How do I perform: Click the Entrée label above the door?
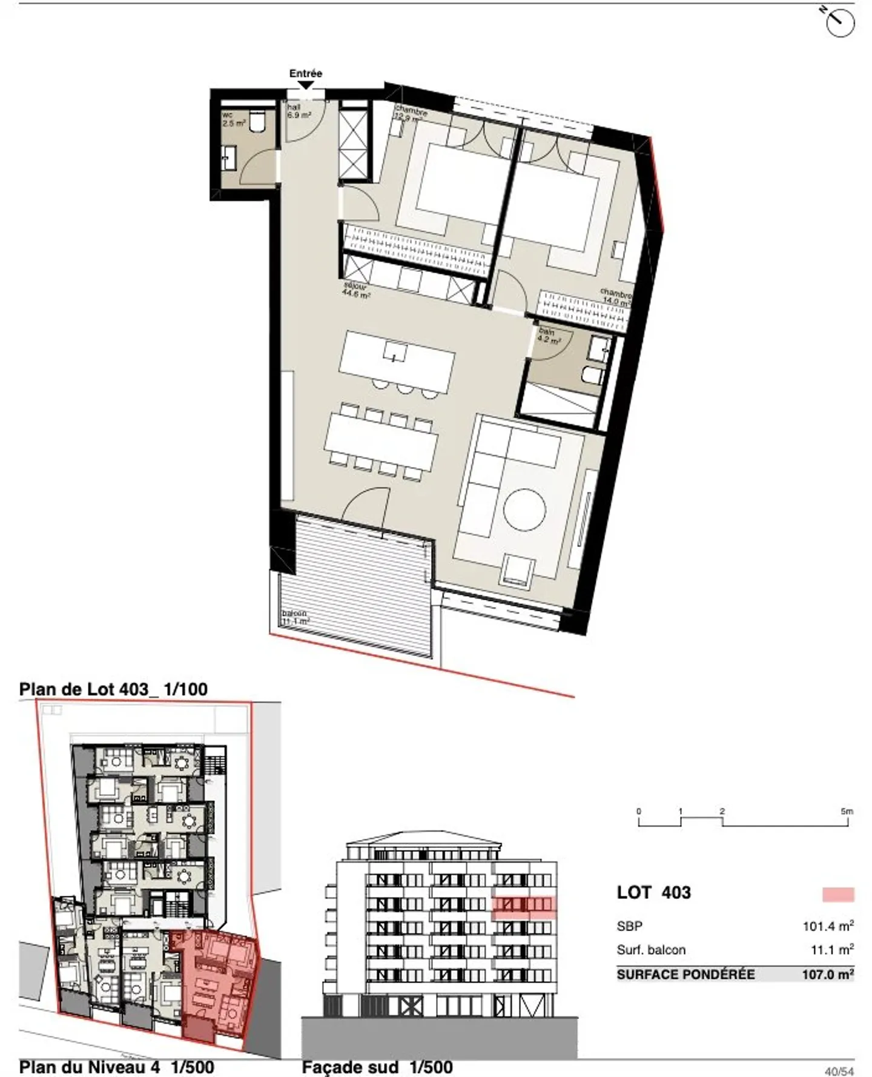(305, 73)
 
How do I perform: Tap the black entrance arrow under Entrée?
(306, 85)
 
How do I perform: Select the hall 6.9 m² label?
(299, 110)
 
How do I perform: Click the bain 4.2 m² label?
(549, 336)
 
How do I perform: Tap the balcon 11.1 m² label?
(296, 617)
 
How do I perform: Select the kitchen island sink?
(395, 351)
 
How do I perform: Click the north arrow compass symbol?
(840, 22)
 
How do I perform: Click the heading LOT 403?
(653, 892)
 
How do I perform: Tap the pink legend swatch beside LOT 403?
(838, 894)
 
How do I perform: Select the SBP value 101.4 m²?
(827, 926)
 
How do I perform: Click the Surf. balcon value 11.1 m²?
(831, 950)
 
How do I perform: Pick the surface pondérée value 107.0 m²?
(827, 975)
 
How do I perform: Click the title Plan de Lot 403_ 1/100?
(113, 689)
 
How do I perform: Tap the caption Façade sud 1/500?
(377, 1067)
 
